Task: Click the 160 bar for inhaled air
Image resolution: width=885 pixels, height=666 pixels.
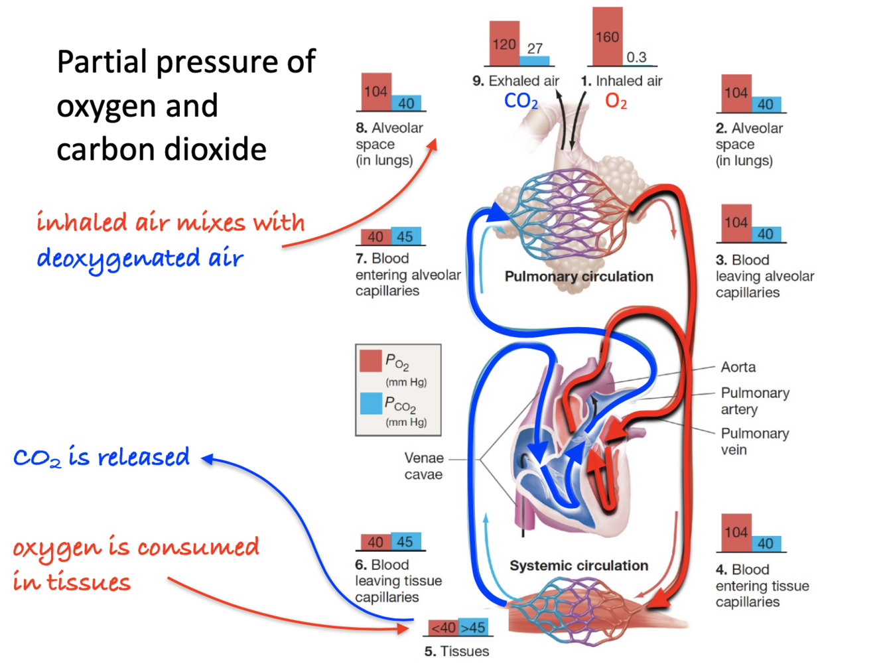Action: (x=607, y=37)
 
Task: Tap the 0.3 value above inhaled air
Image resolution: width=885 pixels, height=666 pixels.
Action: (x=636, y=58)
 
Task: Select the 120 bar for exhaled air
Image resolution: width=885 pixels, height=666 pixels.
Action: (x=504, y=44)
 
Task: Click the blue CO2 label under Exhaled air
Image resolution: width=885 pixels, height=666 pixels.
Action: (x=521, y=101)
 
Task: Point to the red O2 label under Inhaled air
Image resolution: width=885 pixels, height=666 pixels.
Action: (x=616, y=101)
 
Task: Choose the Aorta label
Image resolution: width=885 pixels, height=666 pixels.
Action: (x=738, y=367)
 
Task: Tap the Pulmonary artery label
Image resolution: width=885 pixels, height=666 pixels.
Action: (x=754, y=401)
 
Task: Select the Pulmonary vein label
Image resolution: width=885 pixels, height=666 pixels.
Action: (x=754, y=441)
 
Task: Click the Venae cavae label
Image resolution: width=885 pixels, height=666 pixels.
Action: (x=424, y=466)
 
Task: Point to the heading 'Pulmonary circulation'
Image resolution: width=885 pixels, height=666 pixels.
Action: (x=579, y=277)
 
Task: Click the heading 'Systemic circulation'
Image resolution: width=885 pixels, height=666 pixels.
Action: (x=579, y=565)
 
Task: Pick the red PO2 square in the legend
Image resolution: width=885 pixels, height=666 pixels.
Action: (x=371, y=361)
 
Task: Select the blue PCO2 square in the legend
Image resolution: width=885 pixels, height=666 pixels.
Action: (x=371, y=403)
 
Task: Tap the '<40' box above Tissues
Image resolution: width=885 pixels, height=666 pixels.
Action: (x=442, y=628)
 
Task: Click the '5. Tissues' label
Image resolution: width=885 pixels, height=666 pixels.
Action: (x=456, y=651)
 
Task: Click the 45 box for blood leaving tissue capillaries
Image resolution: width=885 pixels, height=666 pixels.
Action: (x=405, y=542)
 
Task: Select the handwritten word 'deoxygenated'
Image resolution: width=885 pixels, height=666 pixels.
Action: (x=118, y=259)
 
